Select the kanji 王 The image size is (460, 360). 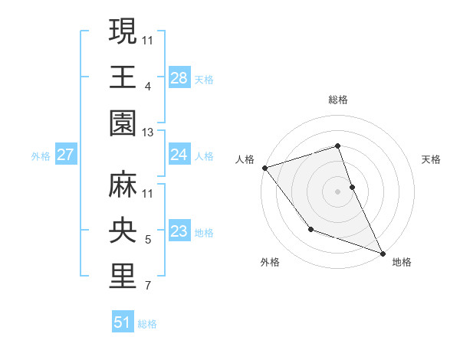click(123, 77)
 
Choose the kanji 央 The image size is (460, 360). click(123, 231)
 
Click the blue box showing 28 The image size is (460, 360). click(179, 77)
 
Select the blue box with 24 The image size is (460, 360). click(179, 155)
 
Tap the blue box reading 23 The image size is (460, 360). click(179, 231)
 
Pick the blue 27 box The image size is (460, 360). click(66, 155)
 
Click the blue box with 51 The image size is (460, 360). click(123, 322)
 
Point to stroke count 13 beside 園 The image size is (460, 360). click(148, 133)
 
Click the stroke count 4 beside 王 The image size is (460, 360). click(148, 86)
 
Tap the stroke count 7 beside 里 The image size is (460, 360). click(148, 287)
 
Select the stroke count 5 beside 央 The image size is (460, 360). click(148, 241)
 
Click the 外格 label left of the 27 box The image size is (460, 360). click(41, 155)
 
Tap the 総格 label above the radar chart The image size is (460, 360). click(337, 100)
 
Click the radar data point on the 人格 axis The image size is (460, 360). click(264, 167)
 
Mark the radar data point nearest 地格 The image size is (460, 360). click(383, 253)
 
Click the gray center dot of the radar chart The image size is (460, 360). click(337, 191)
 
